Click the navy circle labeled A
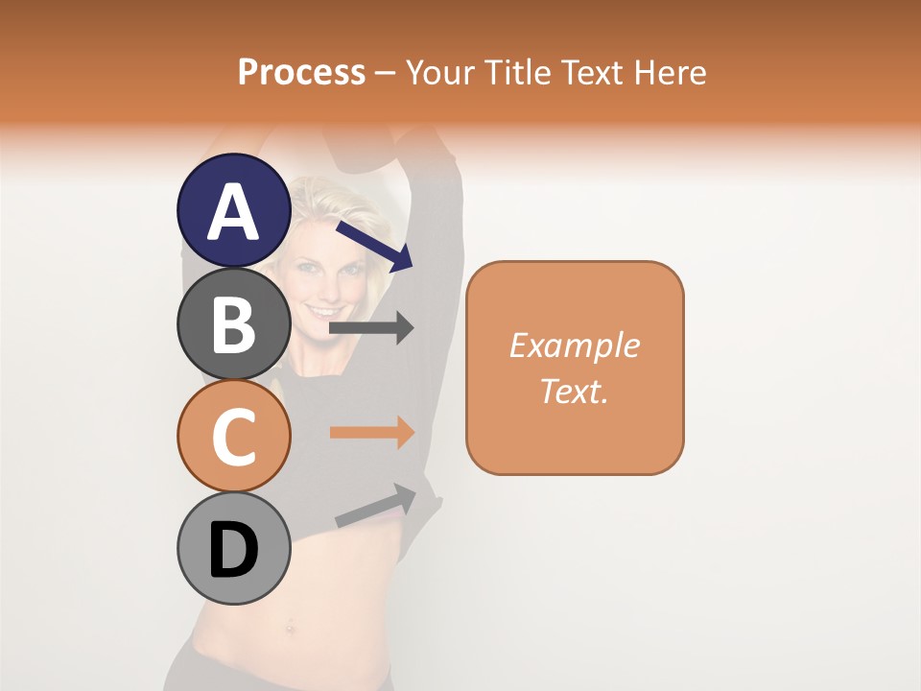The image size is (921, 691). click(x=234, y=210)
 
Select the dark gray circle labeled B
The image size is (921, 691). click(x=234, y=323)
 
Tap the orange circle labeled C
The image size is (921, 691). click(x=234, y=436)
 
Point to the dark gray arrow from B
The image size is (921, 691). click(x=371, y=327)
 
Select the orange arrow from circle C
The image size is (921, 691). click(x=371, y=433)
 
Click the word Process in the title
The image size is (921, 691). click(x=301, y=72)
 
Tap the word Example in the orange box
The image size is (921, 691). click(x=574, y=346)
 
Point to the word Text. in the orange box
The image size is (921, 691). click(x=574, y=391)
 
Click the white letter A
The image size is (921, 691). click(x=234, y=212)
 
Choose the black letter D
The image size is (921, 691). click(x=234, y=550)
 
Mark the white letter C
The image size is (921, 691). click(x=234, y=438)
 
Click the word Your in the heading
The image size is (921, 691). click(x=441, y=72)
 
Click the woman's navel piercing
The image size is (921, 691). click(x=288, y=631)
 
